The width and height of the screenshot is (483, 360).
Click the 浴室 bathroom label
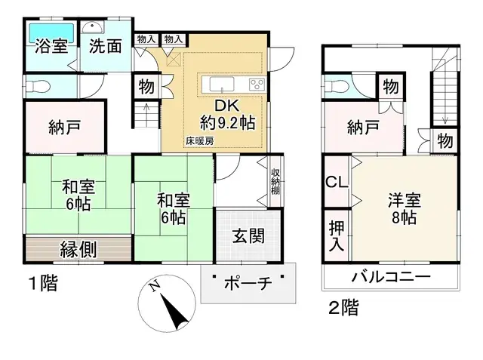[x=51, y=46]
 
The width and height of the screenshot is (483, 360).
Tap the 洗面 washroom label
[x=105, y=46]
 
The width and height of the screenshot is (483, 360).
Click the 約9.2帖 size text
[x=226, y=120]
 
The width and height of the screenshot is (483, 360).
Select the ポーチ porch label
[x=247, y=284]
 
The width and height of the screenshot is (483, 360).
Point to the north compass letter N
[x=155, y=286]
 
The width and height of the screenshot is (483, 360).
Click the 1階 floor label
[x=43, y=284]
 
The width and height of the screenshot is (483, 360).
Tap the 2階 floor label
[x=343, y=308]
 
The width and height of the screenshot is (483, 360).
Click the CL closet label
[x=336, y=182]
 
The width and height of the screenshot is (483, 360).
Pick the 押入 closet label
[x=336, y=236]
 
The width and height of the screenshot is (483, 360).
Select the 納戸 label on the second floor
[x=363, y=128]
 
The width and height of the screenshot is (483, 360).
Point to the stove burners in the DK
[x=256, y=83]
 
